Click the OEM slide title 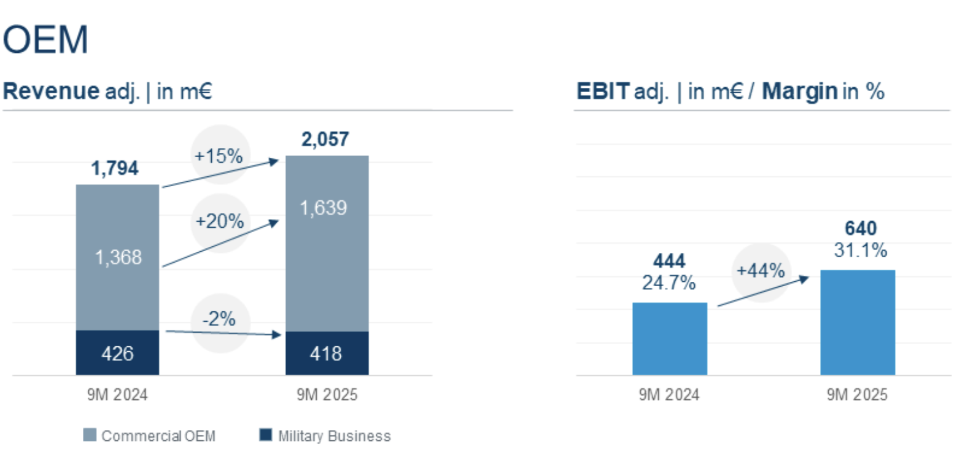[x=46, y=40]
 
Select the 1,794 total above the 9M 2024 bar [x=115, y=168]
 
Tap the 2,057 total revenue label [x=325, y=139]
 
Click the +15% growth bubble [x=219, y=156]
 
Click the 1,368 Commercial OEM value [x=118, y=257]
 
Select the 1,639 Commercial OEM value [x=324, y=208]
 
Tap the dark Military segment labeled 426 [x=117, y=353]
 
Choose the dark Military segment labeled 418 [x=327, y=354]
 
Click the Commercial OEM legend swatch [x=90, y=436]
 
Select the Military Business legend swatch [x=265, y=436]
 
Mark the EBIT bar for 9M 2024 [x=669, y=338]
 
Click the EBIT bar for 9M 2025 [x=857, y=322]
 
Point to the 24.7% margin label [x=669, y=283]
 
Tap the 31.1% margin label [x=860, y=251]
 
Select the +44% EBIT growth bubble [x=761, y=271]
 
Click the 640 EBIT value [x=861, y=229]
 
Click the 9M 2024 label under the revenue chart [x=117, y=395]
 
